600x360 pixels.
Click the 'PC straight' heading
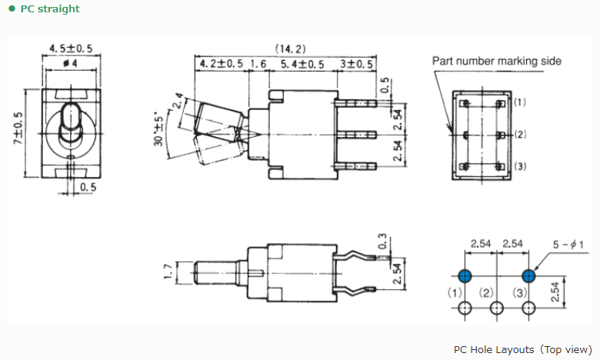50,8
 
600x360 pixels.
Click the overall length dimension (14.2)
291,48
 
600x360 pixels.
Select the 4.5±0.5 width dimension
71,48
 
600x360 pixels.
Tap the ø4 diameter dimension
70,63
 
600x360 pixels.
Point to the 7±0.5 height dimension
18,128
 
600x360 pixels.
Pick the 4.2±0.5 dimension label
222,64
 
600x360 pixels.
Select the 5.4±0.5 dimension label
302,64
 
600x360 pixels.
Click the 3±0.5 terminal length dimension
357,64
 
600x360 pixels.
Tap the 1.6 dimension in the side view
258,64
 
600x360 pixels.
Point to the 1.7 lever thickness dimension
168,272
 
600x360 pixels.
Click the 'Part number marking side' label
497,61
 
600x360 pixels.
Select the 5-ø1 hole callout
568,245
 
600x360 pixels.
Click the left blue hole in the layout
465,276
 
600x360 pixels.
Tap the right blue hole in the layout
528,276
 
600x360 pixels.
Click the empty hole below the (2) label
497,308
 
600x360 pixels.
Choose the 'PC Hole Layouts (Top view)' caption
523,350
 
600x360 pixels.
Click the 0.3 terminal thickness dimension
382,242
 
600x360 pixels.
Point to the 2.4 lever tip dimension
178,101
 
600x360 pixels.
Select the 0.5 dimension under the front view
88,187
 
